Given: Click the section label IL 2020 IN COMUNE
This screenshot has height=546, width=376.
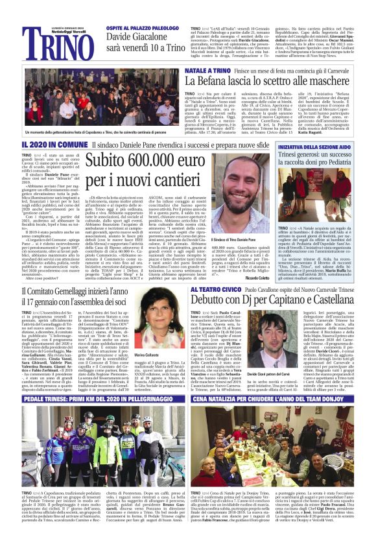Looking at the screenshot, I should click(45, 144).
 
